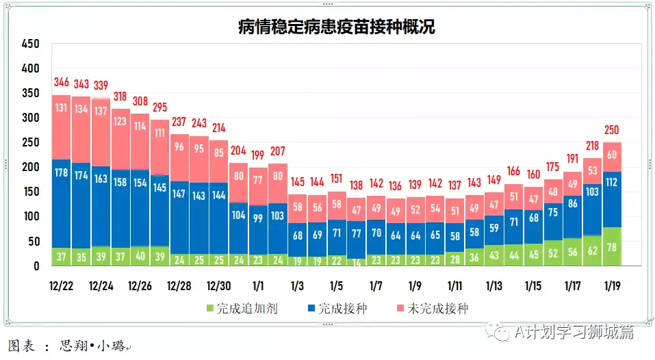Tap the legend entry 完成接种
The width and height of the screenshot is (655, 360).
click(x=335, y=309)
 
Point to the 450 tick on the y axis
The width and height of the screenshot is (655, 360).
click(x=31, y=44)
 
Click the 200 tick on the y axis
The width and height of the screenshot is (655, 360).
click(x=31, y=168)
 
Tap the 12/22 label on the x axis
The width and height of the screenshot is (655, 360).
click(x=62, y=284)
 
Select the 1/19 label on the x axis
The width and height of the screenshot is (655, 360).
click(x=612, y=284)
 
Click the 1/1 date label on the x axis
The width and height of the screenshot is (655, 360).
click(x=259, y=284)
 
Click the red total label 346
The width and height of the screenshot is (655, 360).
click(x=62, y=83)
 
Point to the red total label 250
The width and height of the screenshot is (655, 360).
click(x=612, y=130)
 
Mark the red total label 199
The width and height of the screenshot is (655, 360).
click(x=259, y=155)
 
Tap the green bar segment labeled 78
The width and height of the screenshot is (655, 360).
click(x=612, y=246)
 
